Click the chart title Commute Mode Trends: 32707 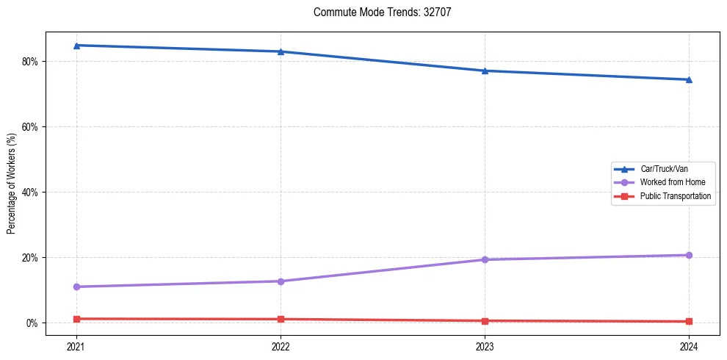377,12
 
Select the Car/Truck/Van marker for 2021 76,46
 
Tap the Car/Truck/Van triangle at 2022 281,51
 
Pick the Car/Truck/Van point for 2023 485,71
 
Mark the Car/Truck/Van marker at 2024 689,79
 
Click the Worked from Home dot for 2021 76,287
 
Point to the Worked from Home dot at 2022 281,281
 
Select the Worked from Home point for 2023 485,259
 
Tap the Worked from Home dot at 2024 689,255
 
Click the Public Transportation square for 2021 76,319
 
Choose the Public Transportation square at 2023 485,321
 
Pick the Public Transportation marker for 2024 689,322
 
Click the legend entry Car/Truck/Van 663,169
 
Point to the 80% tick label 29,62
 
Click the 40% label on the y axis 29,192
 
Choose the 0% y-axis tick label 32,323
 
